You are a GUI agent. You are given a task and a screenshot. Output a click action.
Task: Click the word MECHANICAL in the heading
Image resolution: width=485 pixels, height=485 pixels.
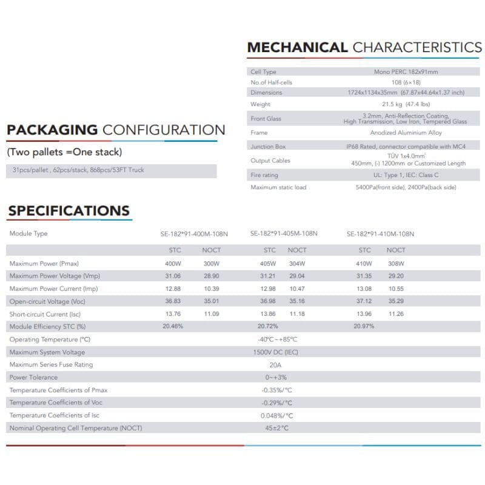click(x=297, y=48)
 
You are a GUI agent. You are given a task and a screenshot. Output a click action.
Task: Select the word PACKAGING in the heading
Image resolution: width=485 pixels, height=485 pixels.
click(x=52, y=130)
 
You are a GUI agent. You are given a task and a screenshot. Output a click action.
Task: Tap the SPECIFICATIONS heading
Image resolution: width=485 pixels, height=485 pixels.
click(x=69, y=211)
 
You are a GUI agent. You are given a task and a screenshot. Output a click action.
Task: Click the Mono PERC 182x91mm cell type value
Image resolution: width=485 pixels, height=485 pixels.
click(x=406, y=72)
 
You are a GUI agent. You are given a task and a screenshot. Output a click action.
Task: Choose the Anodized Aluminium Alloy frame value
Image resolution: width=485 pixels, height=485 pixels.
click(x=406, y=133)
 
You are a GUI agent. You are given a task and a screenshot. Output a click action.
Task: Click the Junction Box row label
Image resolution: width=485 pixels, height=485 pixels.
click(x=267, y=147)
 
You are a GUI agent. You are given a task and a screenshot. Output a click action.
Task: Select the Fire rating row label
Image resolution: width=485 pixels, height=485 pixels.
click(x=264, y=175)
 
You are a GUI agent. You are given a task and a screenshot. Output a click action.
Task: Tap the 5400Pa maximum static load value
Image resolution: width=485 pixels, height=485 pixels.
click(x=406, y=187)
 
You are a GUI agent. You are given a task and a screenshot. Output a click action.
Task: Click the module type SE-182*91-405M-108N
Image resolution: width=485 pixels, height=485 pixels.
click(x=284, y=234)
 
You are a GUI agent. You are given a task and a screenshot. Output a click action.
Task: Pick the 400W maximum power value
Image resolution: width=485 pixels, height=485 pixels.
click(x=173, y=264)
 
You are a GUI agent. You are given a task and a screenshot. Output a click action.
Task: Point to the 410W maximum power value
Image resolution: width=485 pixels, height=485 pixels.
click(x=364, y=264)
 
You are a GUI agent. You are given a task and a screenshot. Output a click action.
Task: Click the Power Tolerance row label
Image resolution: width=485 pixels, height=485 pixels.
click(x=33, y=378)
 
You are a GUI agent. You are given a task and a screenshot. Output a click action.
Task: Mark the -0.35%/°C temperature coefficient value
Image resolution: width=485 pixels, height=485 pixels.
click(x=277, y=390)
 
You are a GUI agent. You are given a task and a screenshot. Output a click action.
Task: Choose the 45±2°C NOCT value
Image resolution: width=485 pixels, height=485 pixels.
click(x=276, y=428)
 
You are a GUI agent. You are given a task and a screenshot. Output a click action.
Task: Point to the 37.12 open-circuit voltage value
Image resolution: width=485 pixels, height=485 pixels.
click(x=364, y=301)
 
